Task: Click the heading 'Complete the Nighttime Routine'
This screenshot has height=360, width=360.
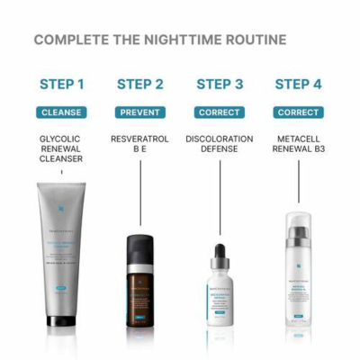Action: point(160,40)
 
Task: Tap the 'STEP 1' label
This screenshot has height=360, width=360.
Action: point(62,85)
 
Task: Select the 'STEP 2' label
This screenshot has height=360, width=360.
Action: point(140,85)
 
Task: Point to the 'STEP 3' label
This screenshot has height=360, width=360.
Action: point(220,85)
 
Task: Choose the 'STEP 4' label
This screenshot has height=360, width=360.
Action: point(298,85)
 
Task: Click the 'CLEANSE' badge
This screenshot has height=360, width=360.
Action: point(62,113)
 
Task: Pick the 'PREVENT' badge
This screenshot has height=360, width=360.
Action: point(140,113)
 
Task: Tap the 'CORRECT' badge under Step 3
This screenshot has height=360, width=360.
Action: point(220,113)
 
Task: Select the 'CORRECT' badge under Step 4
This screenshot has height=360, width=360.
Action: point(298,113)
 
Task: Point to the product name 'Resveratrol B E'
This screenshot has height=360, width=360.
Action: point(140,146)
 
